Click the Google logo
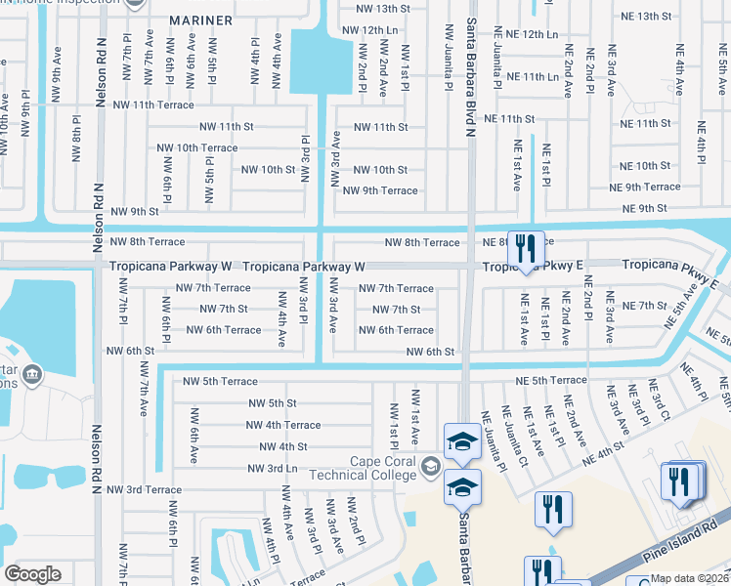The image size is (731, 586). [x=33, y=574]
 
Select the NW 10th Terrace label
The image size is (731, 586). [x=197, y=147]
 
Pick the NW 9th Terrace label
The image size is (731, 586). [x=379, y=190]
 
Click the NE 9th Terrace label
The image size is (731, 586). [x=644, y=187]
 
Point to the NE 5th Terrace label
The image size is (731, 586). [x=554, y=380]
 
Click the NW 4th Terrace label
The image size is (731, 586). [x=283, y=425]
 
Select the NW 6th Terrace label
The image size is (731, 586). [x=224, y=330]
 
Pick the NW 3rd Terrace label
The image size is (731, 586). [x=145, y=489]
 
